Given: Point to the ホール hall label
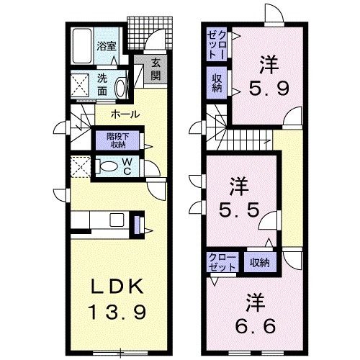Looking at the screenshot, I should (125, 114).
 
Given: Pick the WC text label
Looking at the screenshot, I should (125, 167).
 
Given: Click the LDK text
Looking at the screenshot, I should (113, 287).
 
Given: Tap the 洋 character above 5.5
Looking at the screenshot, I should (238, 188).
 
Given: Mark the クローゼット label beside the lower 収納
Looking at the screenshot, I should (222, 261).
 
